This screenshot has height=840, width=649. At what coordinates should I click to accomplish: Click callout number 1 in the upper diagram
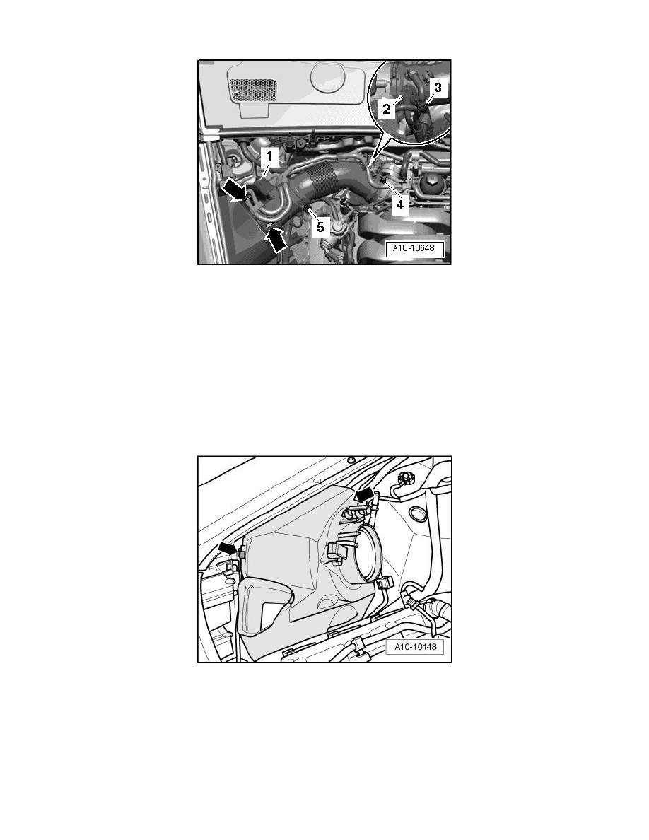[269, 157]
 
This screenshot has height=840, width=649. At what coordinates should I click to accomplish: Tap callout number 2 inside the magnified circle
[387, 110]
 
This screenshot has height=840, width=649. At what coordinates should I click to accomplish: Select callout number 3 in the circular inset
[438, 87]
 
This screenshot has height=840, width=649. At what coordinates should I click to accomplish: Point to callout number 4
[399, 204]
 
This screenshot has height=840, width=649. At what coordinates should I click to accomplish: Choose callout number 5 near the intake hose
[320, 226]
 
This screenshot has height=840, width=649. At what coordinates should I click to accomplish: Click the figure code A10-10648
[415, 249]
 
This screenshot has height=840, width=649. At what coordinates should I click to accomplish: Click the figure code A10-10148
[415, 646]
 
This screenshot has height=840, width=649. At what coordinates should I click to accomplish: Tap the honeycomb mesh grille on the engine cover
[254, 90]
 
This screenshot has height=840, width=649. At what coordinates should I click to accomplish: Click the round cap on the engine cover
[330, 78]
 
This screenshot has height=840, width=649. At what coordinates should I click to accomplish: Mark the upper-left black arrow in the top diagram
[233, 190]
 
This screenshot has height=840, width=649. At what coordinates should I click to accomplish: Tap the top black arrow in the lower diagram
[366, 494]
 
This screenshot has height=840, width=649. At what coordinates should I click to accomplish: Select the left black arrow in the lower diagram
[228, 547]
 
